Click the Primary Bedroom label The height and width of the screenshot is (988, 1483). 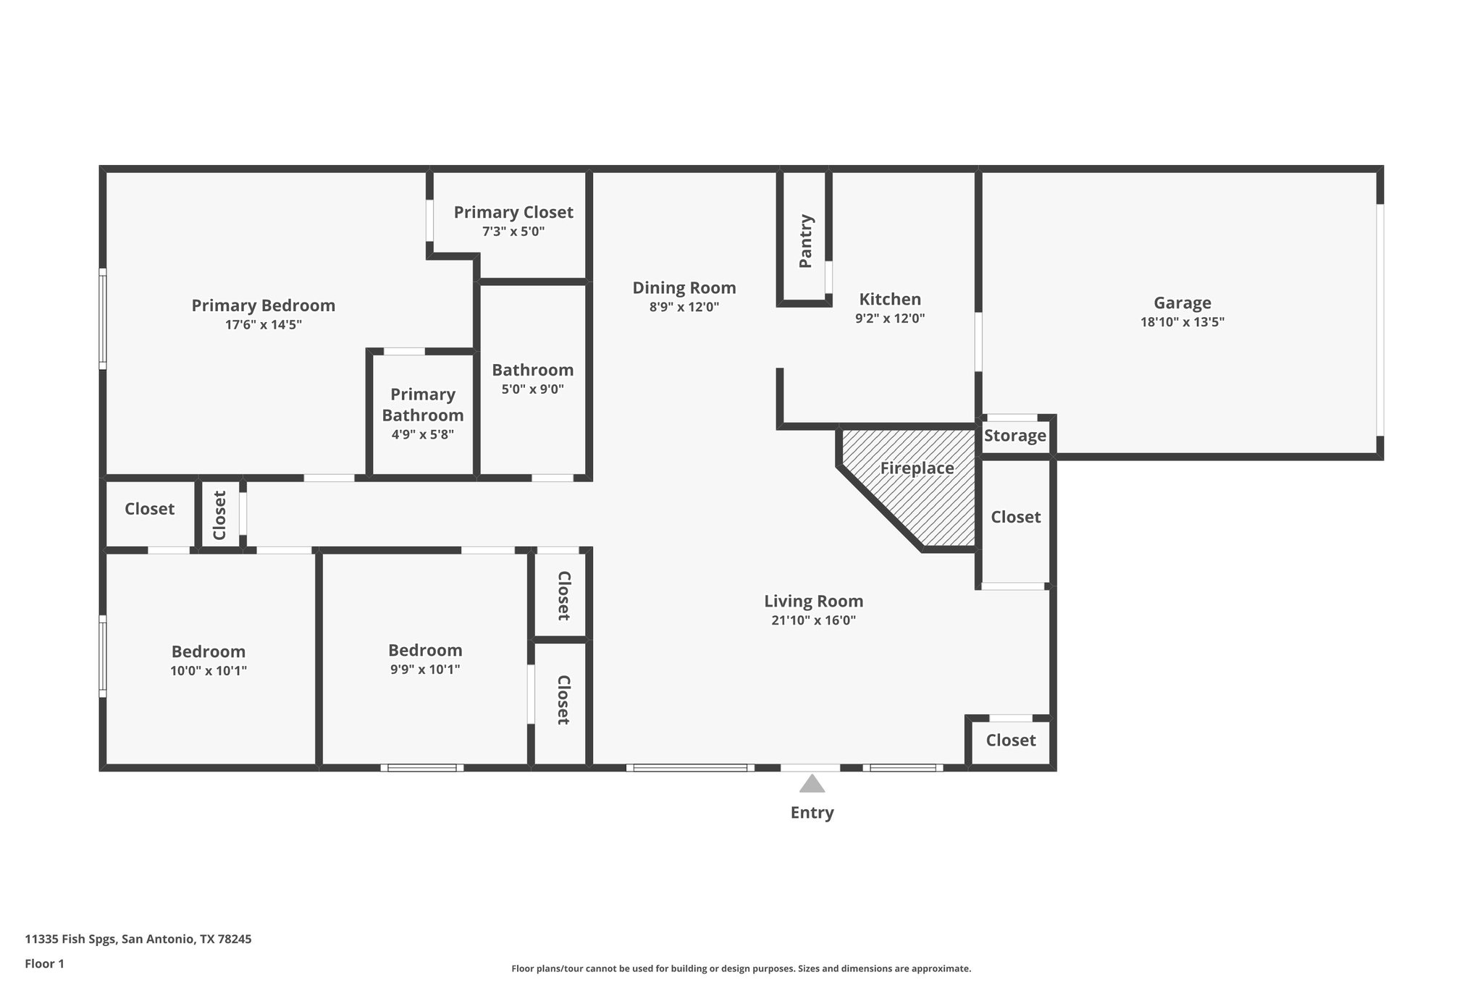coord(263,305)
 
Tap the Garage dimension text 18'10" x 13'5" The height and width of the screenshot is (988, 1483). coord(1182,322)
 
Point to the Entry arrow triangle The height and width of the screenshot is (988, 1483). coord(812,784)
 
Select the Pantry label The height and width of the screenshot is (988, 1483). coord(805,241)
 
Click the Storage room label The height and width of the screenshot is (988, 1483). coord(1014,436)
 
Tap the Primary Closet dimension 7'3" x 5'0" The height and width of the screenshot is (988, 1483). coord(513,232)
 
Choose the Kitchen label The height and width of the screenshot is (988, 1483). coord(889,299)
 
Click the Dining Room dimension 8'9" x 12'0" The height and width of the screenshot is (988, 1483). coord(684,307)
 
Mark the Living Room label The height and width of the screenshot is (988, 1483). coord(813,601)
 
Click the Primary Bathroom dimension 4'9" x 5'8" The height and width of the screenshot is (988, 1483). coord(422,434)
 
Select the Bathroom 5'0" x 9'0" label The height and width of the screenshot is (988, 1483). coord(532,370)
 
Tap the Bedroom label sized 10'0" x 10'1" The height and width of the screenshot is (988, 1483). coord(208,651)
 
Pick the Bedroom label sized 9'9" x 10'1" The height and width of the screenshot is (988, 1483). coord(424,650)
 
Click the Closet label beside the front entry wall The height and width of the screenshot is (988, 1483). coord(1010,740)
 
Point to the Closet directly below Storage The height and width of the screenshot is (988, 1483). coord(1015,517)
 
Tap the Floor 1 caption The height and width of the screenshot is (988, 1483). coord(44,963)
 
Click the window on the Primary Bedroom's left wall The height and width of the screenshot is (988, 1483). coord(103,318)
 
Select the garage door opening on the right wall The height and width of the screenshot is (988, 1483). coord(1379,320)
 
